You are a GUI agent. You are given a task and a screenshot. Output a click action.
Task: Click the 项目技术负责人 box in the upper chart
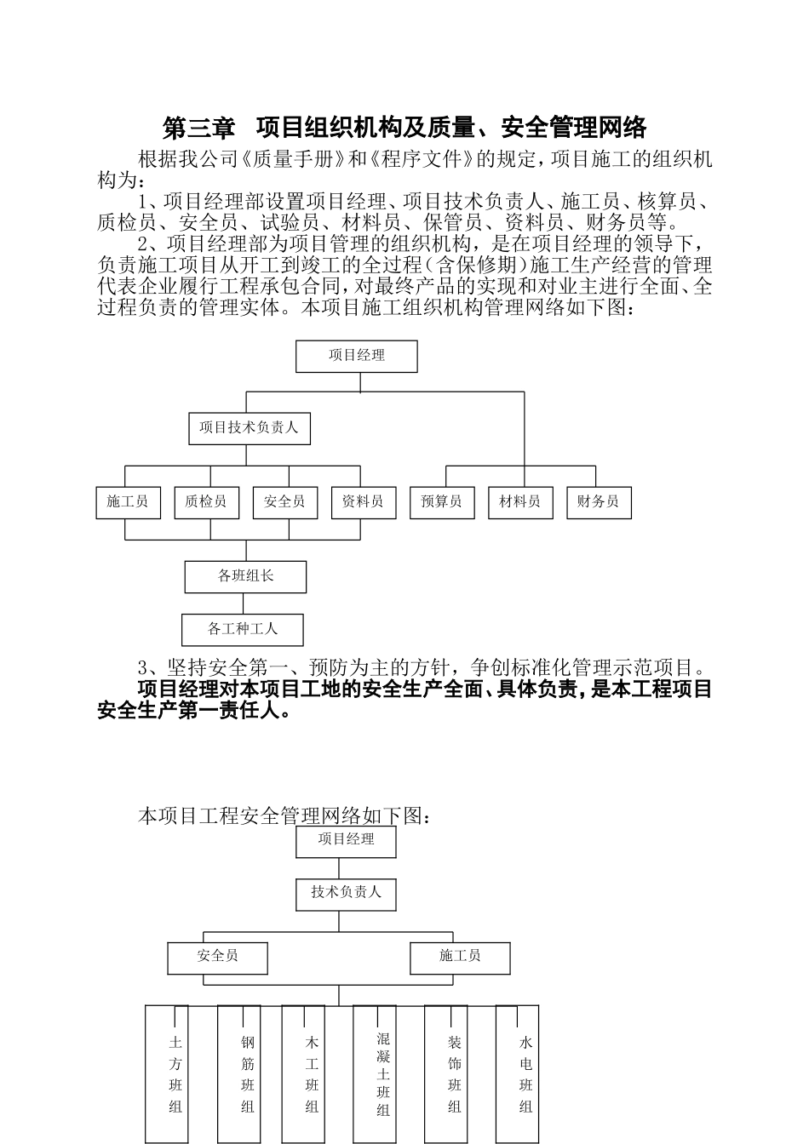click(x=249, y=428)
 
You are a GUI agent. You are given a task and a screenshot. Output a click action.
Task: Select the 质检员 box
click(x=205, y=502)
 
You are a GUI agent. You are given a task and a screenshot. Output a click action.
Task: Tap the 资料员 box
click(x=363, y=502)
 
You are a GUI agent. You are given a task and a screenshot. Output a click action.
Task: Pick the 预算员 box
click(x=441, y=502)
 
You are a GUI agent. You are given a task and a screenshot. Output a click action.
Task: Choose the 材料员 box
click(x=519, y=502)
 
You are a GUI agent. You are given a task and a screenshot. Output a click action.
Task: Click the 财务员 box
click(x=598, y=502)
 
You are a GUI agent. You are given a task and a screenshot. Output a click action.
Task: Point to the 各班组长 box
click(x=245, y=576)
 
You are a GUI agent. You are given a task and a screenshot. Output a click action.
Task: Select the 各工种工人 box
click(x=243, y=630)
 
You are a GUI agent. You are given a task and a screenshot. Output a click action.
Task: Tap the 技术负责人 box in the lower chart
click(x=346, y=893)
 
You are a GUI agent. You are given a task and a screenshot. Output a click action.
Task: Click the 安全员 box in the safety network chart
click(x=217, y=958)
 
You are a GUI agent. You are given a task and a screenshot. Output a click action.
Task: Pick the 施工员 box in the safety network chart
click(x=460, y=958)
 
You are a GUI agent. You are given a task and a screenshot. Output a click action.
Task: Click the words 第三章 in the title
click(x=198, y=129)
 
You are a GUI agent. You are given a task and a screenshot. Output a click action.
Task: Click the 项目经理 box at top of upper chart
click(x=356, y=357)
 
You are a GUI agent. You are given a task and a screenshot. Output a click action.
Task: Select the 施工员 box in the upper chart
click(x=127, y=502)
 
